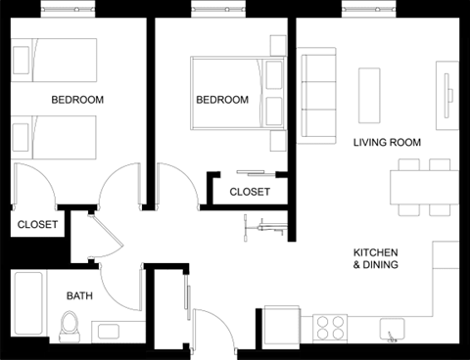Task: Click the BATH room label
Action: (79, 295)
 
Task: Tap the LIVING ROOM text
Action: (387, 143)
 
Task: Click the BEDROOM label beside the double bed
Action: (222, 100)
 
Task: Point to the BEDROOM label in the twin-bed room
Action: (77, 100)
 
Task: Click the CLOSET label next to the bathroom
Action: (38, 224)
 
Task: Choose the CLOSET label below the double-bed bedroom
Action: (250, 192)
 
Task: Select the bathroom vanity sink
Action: (106, 331)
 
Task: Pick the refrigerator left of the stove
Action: (285, 324)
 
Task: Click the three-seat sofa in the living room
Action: (317, 96)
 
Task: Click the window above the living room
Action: (370, 9)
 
